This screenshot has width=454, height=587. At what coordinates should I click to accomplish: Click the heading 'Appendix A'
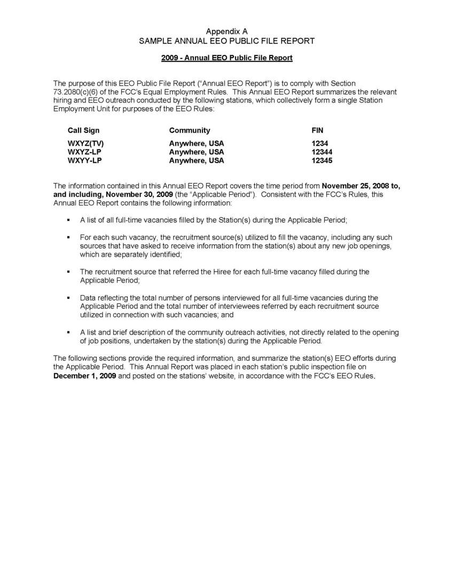[227, 32]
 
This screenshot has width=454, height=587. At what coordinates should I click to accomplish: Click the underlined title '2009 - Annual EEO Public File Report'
[227, 58]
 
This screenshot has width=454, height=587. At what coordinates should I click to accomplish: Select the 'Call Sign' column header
[83, 130]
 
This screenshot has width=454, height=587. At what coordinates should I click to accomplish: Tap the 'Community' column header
[190, 130]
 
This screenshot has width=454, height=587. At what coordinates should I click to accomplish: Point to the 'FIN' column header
[317, 130]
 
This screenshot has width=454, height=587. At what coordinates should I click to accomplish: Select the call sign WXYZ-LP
[84, 152]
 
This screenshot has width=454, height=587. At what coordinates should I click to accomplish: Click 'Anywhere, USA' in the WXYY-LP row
[197, 161]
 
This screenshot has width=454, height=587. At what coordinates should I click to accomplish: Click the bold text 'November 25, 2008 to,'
[362, 186]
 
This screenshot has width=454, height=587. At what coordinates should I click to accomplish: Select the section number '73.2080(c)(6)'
[75, 92]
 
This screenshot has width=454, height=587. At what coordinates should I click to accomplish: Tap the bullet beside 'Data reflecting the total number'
[68, 298]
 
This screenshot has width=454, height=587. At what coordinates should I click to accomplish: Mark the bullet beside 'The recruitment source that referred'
[68, 272]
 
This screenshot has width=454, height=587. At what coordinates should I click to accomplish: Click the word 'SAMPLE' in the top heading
[156, 41]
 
